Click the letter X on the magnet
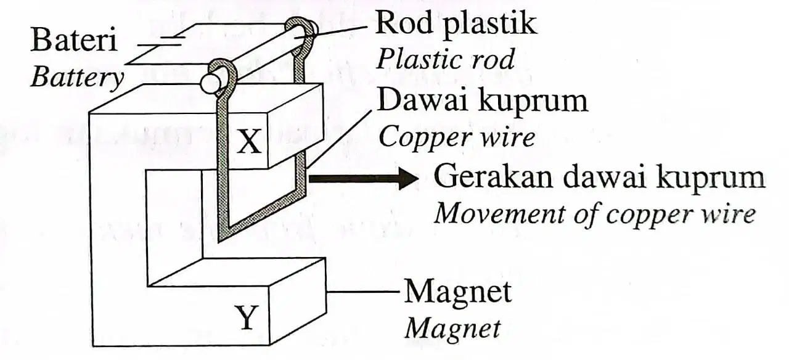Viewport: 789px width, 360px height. click(249, 141)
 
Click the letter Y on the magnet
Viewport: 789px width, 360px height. click(247, 317)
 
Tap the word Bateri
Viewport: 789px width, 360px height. click(74, 40)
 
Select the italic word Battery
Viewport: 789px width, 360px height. click(78, 78)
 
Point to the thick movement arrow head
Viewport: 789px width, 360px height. click(409, 178)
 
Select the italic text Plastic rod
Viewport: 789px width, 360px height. click(445, 60)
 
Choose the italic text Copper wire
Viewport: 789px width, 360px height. click(457, 137)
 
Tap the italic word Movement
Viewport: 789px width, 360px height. click(499, 213)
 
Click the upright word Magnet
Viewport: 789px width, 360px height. click(457, 292)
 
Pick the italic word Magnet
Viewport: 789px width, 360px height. click(452, 329)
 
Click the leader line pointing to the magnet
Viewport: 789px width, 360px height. click(363, 292)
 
